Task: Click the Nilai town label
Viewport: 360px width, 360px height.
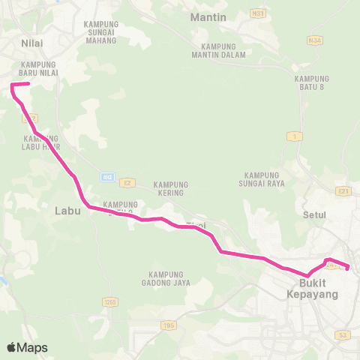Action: [x=31, y=43]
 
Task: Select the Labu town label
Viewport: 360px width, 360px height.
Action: [x=67, y=211]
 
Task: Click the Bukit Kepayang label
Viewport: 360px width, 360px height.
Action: [x=313, y=289]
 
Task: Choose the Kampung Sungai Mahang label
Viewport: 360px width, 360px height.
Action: [x=100, y=32]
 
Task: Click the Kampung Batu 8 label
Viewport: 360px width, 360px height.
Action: [x=312, y=83]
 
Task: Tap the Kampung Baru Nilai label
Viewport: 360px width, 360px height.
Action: [x=39, y=69]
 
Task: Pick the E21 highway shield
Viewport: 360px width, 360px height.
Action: [x=344, y=191]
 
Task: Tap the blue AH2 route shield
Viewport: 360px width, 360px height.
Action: [x=106, y=177]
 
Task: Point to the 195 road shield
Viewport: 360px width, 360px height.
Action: [x=169, y=325]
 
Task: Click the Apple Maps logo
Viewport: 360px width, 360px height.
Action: [x=27, y=347]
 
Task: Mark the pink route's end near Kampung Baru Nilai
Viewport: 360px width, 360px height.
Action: [x=28, y=84]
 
